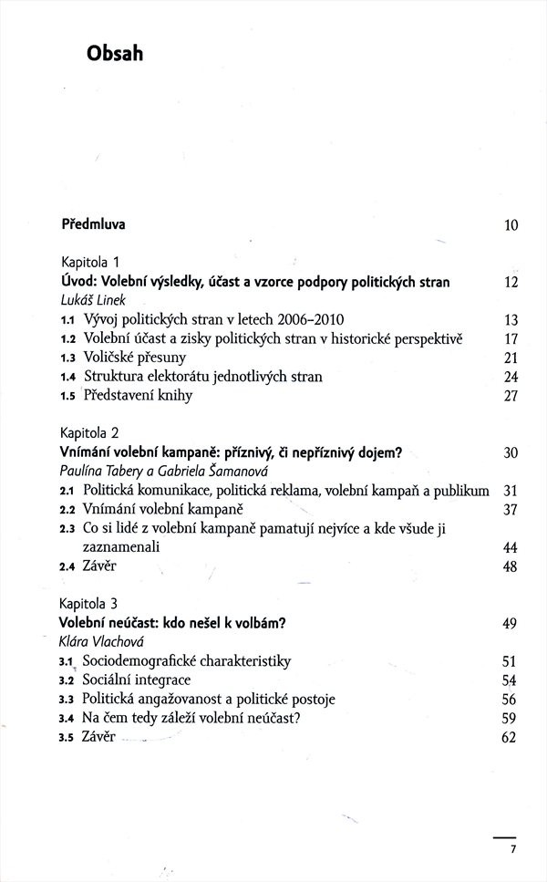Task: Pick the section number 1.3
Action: pyautogui.click(x=67, y=358)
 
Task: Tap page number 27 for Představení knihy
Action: pyautogui.click(x=511, y=396)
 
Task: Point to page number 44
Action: pyautogui.click(x=511, y=547)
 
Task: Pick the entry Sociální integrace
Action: pyautogui.click(x=137, y=680)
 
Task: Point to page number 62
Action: pyautogui.click(x=510, y=738)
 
